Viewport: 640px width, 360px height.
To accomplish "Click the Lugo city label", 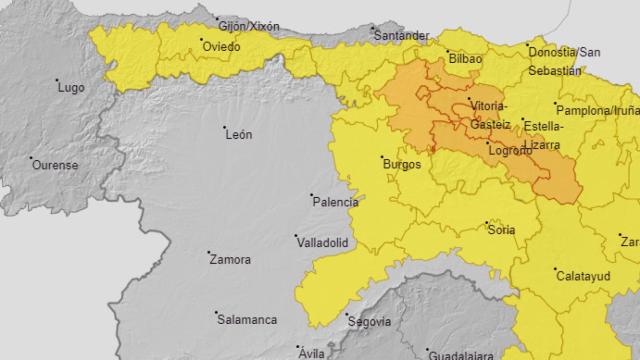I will (71, 89).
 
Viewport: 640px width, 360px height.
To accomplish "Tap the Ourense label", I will (56, 165).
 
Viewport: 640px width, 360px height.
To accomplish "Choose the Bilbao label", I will (466, 60).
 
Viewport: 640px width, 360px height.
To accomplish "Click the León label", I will (239, 134).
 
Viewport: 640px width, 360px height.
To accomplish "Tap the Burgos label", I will (399, 164).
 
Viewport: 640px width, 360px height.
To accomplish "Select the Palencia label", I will (336, 202).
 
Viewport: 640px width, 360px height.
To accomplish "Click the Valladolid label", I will (323, 242).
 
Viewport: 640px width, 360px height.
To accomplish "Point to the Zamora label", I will (229, 260).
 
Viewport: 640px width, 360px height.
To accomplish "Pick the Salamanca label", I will (247, 319).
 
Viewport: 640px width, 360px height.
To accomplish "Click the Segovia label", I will (368, 321).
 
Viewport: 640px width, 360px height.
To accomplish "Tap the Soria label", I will (500, 230).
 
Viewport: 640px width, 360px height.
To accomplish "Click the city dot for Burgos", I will (378, 155).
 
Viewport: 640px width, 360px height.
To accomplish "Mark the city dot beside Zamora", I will (208, 252).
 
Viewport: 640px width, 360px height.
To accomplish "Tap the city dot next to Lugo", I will (55, 81).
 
